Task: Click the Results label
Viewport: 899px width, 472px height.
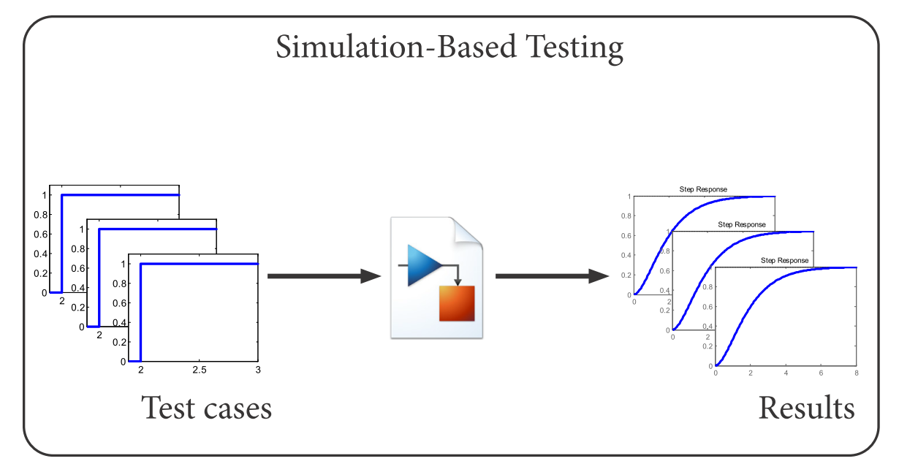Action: coord(806,408)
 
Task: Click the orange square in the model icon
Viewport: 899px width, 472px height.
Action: coord(457,303)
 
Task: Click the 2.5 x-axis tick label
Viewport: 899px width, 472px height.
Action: coord(200,371)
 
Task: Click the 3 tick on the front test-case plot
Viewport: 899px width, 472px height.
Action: coord(258,371)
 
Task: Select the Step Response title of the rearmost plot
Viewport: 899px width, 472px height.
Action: coord(702,189)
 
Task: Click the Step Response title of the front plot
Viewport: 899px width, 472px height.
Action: coord(784,260)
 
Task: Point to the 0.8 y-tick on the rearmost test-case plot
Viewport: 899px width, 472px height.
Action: coord(42,215)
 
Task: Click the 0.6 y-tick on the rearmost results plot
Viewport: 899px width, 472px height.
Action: coord(626,236)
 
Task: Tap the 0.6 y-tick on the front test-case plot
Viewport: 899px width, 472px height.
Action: coord(120,302)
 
